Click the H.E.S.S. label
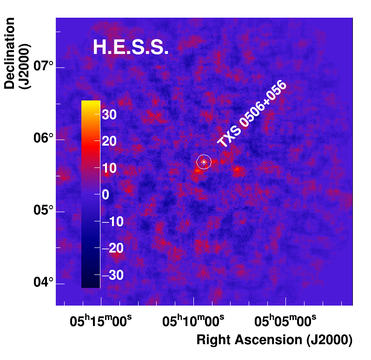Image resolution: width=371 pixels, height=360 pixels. [131, 47]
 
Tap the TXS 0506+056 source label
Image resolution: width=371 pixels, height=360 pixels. [252, 115]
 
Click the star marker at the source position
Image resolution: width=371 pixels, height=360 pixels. [204, 162]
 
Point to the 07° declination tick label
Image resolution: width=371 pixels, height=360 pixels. [44, 68]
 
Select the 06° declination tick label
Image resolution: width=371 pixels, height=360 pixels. [44, 139]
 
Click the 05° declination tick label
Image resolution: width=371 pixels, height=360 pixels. [44, 211]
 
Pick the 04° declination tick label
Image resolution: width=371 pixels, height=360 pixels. [44, 283]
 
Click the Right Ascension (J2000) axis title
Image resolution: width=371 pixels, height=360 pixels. [274, 340]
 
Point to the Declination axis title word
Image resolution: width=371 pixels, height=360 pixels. [10, 53]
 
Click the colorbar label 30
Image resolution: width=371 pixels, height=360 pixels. [109, 115]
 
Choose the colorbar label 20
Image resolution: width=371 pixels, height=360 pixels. [109, 141]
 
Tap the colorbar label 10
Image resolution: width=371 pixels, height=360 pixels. [109, 168]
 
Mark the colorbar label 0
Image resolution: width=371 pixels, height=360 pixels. [106, 195]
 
